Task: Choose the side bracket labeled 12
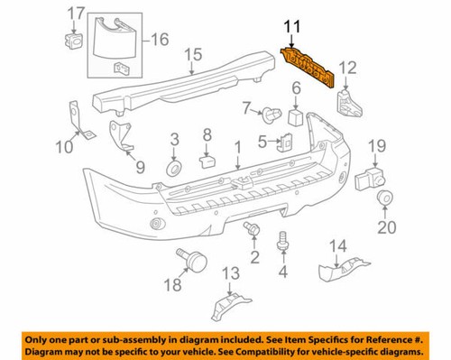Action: [347, 102]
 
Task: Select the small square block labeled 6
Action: [294, 116]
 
